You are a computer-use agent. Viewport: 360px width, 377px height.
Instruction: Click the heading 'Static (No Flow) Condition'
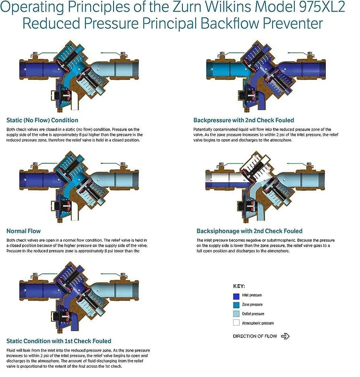tap(42, 120)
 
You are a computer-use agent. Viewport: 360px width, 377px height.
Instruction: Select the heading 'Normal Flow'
tap(23, 231)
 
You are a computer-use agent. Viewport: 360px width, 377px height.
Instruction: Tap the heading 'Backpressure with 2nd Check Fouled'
tap(244, 120)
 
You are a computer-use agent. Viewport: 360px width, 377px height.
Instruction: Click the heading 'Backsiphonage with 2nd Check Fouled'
tap(249, 231)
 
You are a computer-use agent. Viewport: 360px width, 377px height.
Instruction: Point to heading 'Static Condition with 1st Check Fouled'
tap(59, 341)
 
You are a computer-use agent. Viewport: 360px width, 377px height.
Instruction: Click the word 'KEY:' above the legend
tap(239, 286)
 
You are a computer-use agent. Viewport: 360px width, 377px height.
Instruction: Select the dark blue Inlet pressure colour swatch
tap(236, 296)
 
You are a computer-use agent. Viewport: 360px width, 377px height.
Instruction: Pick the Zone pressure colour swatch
tap(236, 305)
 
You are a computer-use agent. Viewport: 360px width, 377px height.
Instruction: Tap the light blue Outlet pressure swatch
tap(236, 314)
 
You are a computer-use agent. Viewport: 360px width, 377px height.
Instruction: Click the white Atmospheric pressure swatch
tap(236, 323)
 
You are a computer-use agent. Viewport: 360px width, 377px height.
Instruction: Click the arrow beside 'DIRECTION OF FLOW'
tap(285, 336)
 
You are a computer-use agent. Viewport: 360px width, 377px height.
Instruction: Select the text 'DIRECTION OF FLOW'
tap(255, 336)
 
